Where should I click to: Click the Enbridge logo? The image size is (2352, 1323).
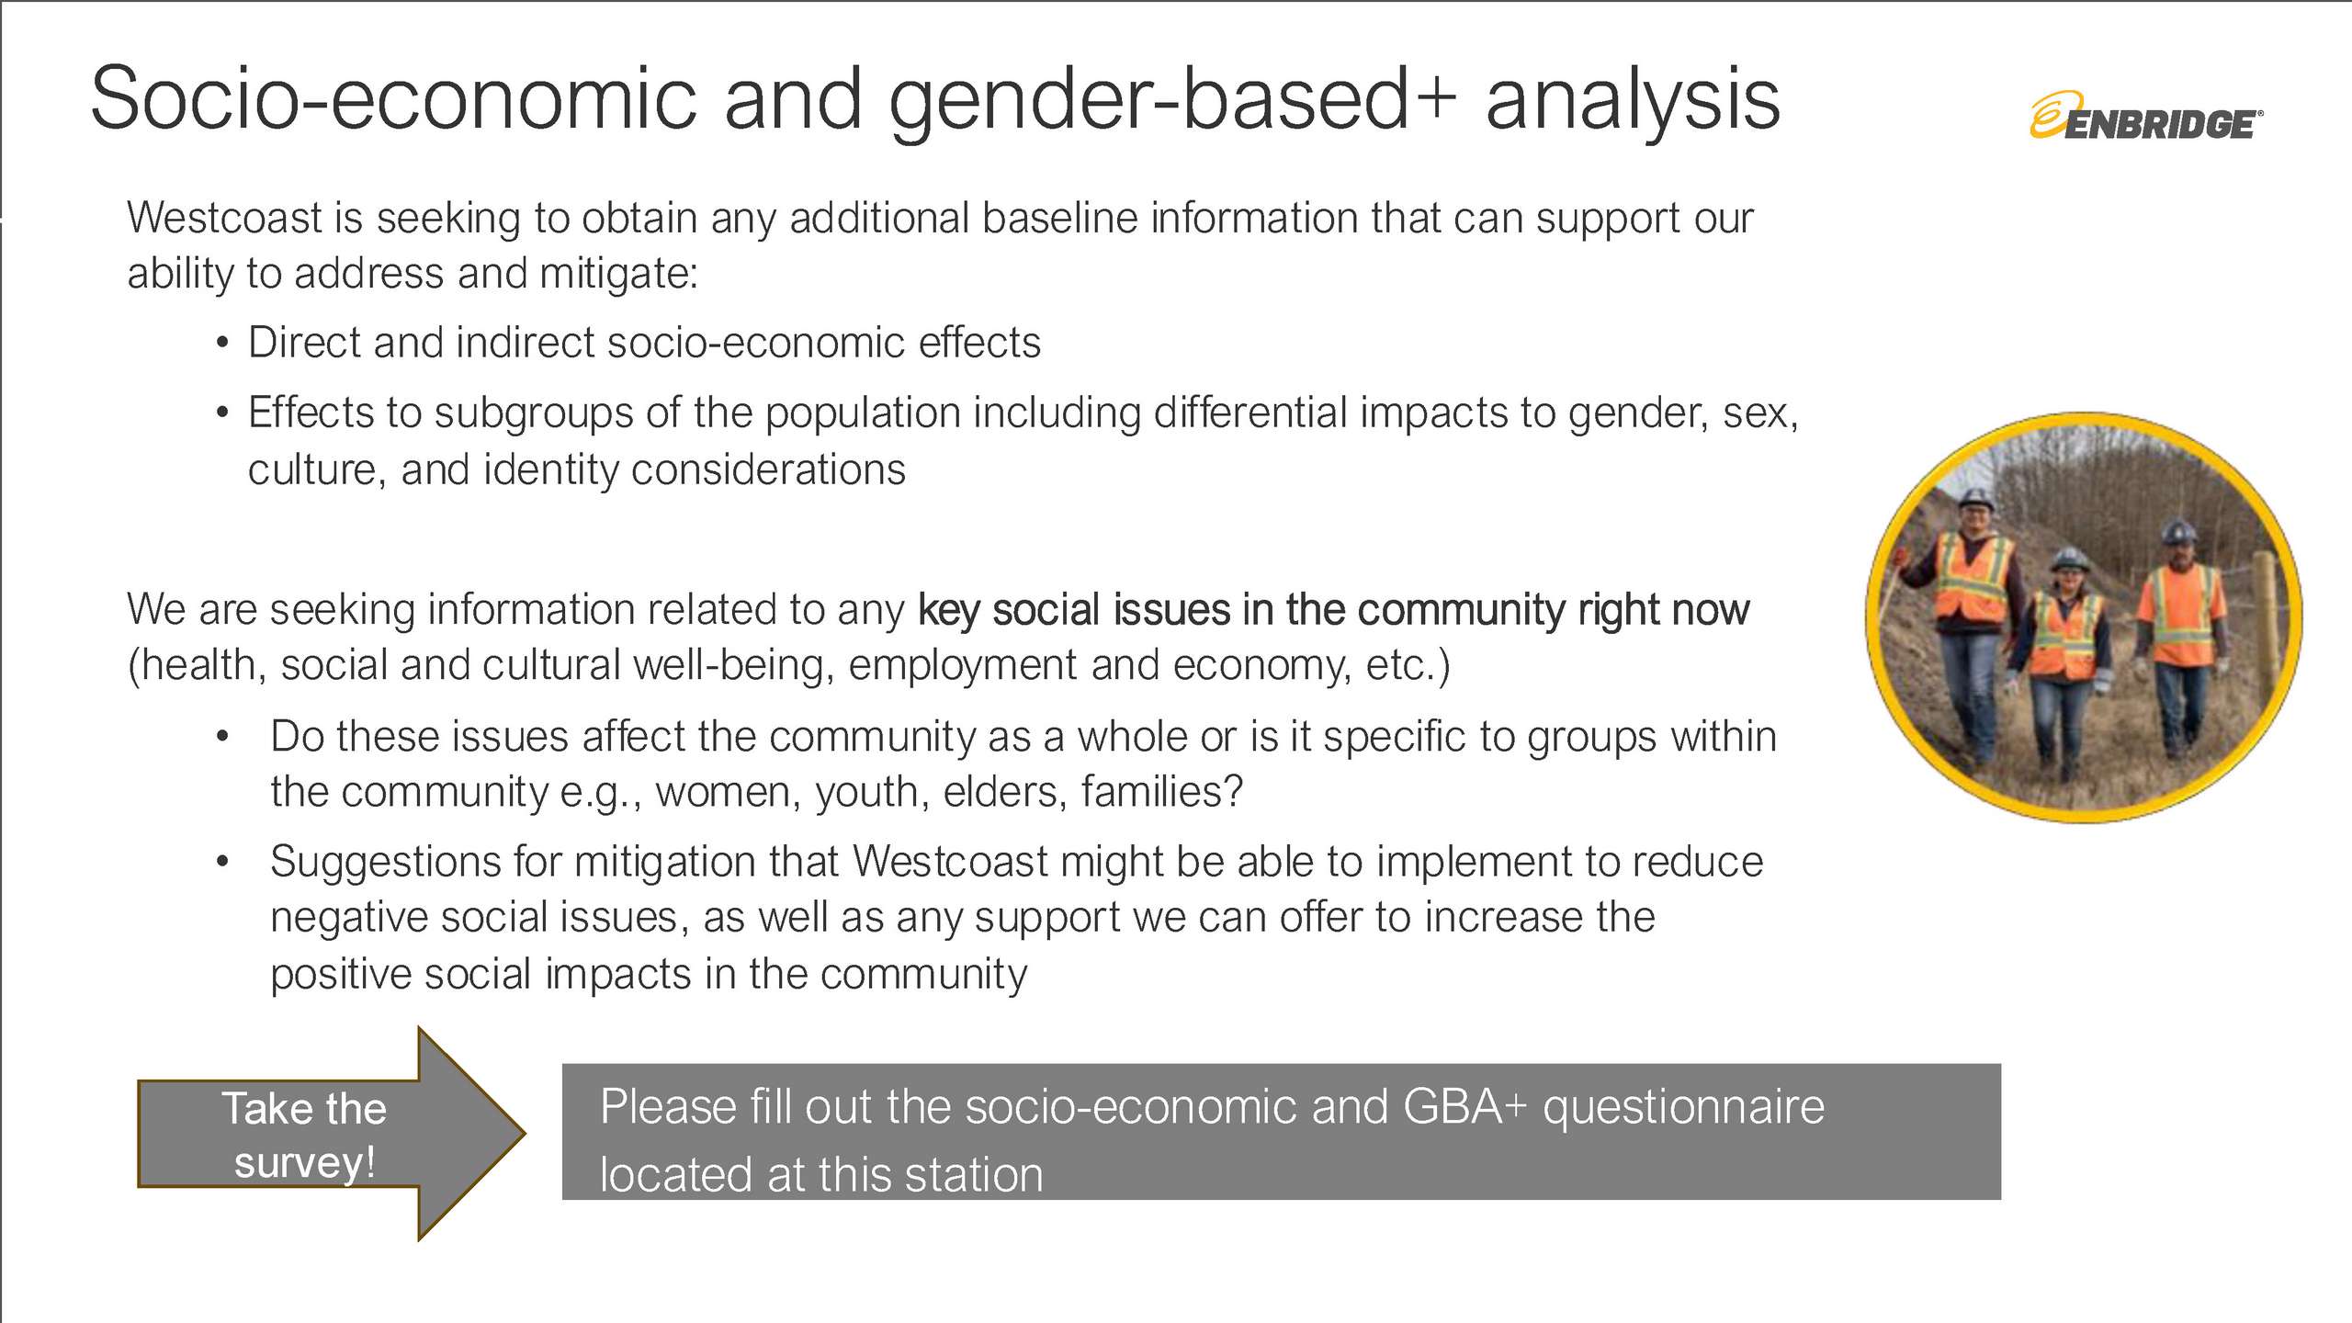(x=2145, y=116)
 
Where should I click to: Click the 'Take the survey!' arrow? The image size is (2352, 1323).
(x=332, y=1133)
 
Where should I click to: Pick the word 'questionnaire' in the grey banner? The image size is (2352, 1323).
(x=1683, y=1107)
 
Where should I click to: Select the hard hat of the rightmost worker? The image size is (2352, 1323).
(x=2179, y=532)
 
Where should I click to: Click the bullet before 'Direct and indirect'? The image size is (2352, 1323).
(x=222, y=344)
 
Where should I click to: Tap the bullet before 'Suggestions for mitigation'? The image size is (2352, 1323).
(x=222, y=862)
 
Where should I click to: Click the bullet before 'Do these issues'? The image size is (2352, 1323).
(x=222, y=737)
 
